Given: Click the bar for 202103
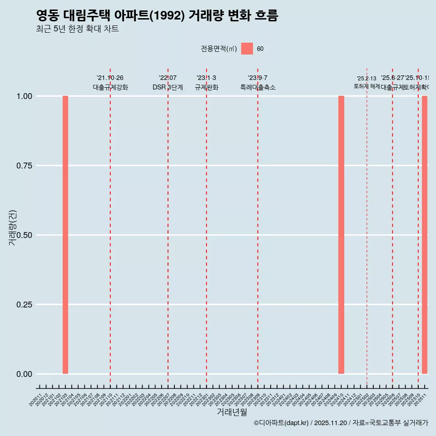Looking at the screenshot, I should pos(65,235).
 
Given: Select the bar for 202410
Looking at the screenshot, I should pos(341,235).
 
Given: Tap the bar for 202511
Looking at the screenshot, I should pos(425,235).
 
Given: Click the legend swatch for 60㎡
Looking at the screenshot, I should pos(247,49).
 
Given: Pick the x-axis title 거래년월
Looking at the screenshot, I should pos(232,412).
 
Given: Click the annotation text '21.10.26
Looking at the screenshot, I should pos(110,78).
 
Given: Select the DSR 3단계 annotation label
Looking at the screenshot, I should pos(168,87).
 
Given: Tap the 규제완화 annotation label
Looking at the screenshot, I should pos(207,87).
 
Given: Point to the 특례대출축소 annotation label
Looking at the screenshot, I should pos(258,87).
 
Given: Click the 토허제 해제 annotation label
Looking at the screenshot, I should pos(367,86).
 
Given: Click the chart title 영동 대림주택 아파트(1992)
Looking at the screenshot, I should pos(157,16).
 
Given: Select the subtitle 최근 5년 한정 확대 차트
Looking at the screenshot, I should pos(77,29).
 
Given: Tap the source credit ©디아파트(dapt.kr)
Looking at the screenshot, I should pos(281,423).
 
